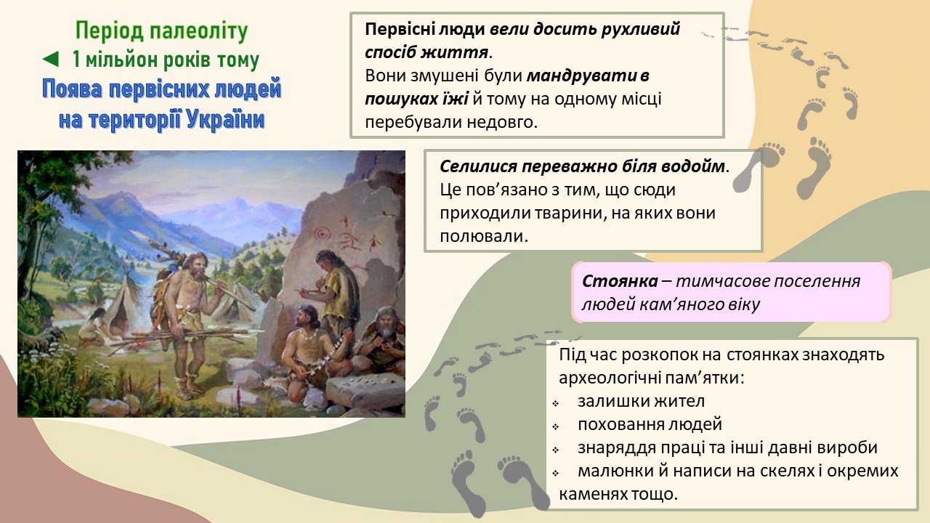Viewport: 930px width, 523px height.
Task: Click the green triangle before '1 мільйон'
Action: pyautogui.click(x=51, y=60)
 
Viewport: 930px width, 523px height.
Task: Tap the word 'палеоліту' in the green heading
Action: pyautogui.click(x=198, y=31)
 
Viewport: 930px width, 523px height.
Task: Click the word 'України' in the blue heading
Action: pyautogui.click(x=225, y=119)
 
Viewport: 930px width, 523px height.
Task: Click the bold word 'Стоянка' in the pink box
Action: pyautogui.click(x=620, y=281)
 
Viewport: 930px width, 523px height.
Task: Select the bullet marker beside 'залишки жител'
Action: pyautogui.click(x=556, y=403)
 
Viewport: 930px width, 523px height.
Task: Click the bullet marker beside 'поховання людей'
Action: pyautogui.click(x=556, y=426)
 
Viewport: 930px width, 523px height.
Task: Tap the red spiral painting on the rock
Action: pyautogui.click(x=322, y=233)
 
